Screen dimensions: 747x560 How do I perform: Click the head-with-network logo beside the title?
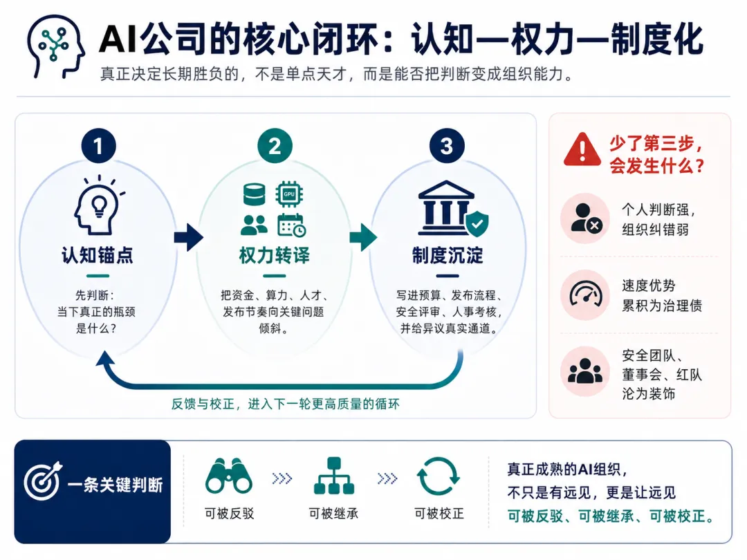tap(55, 46)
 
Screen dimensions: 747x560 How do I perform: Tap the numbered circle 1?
tap(99, 146)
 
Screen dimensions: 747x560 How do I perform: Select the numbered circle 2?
tap(275, 146)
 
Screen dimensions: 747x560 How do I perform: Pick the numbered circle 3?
tap(446, 146)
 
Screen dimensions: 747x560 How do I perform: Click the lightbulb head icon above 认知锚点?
tap(99, 205)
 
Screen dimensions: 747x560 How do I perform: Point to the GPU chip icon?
tap(290, 194)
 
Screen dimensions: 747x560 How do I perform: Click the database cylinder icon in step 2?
tap(255, 194)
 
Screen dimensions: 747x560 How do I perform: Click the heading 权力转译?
tap(275, 255)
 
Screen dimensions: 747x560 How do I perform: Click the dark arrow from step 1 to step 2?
tap(189, 237)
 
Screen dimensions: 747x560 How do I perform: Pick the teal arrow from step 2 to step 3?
tap(363, 237)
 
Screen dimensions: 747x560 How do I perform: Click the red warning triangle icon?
tap(582, 150)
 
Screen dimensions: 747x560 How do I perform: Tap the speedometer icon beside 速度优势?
tap(586, 295)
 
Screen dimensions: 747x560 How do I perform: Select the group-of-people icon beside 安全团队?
tap(586, 371)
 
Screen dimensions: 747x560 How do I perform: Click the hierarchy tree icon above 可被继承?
tap(334, 476)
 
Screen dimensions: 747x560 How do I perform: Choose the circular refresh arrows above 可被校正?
tap(439, 476)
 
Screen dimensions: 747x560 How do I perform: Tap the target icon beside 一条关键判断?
tap(43, 481)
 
